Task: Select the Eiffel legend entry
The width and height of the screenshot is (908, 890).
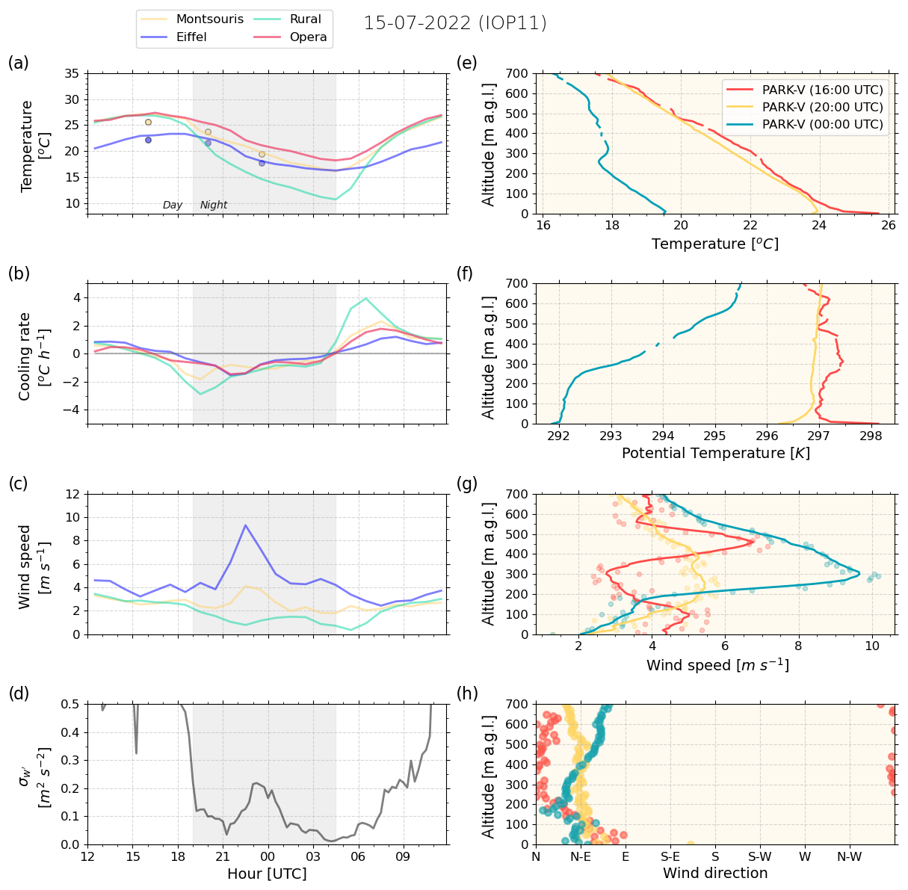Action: tap(191, 37)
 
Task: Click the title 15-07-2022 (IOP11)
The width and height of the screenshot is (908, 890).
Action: tap(455, 23)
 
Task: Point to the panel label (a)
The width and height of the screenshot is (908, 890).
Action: tap(19, 63)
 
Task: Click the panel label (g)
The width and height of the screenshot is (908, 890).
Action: tap(467, 483)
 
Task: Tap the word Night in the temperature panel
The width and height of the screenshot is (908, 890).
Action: tap(214, 205)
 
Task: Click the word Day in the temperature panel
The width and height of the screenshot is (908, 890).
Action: tap(173, 205)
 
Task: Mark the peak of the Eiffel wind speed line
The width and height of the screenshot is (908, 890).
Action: tap(245, 525)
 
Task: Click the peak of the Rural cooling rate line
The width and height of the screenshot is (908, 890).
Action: tap(365, 298)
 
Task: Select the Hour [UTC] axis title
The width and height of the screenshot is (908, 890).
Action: tap(267, 874)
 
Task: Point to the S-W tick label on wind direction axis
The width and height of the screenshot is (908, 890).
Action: tap(760, 856)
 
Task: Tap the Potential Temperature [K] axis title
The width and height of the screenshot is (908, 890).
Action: tap(715, 454)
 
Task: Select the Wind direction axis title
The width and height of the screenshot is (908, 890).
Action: tap(715, 874)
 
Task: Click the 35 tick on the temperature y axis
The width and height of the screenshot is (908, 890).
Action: tap(72, 74)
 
